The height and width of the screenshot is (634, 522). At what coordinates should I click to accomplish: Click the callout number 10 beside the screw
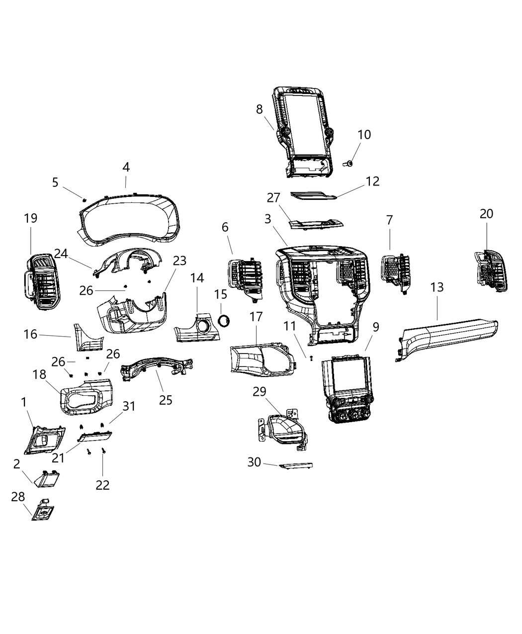[x=364, y=135]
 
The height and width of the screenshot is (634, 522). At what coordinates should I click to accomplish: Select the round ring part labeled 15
[x=224, y=321]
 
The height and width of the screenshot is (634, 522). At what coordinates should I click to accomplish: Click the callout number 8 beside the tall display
[x=260, y=109]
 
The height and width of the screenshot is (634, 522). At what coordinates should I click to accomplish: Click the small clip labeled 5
[x=85, y=199]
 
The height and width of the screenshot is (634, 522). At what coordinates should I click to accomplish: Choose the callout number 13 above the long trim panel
[x=437, y=287]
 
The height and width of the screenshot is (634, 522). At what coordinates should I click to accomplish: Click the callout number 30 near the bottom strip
[x=254, y=462]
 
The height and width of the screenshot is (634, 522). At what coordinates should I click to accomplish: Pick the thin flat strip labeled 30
[x=296, y=466]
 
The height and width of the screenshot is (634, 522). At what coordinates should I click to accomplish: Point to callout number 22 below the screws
[x=102, y=484]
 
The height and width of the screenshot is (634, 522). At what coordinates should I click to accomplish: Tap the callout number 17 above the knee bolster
[x=256, y=317]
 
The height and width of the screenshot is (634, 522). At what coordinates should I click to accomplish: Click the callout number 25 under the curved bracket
[x=166, y=399]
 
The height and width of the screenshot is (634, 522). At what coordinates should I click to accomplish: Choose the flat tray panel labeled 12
[x=313, y=196]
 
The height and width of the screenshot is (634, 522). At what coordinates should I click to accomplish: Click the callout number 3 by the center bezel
[x=268, y=218]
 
